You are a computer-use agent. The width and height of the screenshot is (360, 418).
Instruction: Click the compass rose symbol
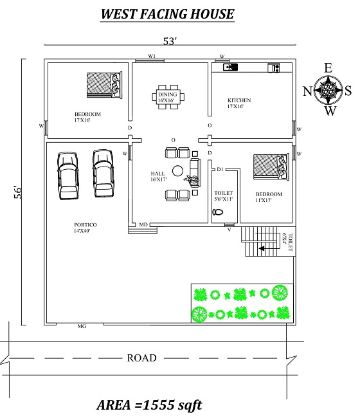tap(328, 90)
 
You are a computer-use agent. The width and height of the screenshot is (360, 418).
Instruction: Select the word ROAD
tap(141, 358)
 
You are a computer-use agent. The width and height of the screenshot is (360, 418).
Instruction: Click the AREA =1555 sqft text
tap(149, 404)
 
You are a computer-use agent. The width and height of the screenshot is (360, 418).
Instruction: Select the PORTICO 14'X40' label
tap(85, 228)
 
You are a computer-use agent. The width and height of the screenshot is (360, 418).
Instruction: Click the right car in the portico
tap(103, 174)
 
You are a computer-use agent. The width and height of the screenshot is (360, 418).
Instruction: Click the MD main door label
tap(144, 224)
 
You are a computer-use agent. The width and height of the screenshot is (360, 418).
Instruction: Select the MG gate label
tap(82, 327)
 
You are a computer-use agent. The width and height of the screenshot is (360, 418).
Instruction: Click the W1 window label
tap(152, 57)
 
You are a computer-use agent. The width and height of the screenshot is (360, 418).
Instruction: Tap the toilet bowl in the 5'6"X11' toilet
tap(219, 212)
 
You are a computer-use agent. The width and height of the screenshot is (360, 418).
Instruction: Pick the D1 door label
tap(220, 169)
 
